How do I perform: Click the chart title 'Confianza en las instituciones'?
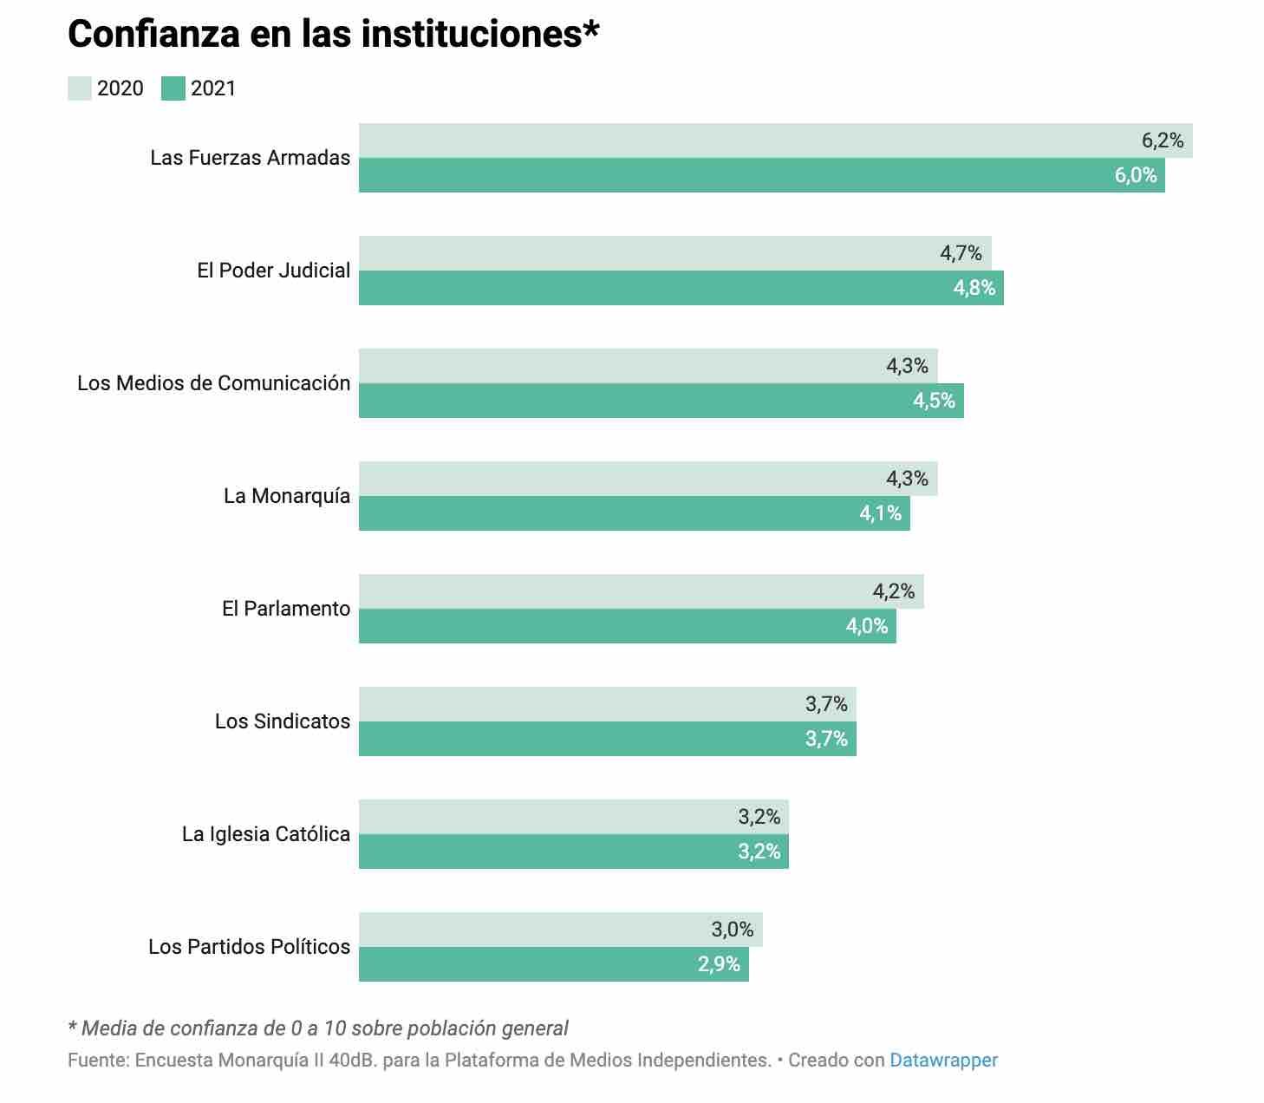333,35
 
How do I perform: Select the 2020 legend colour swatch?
80,88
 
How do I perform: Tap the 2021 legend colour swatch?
173,88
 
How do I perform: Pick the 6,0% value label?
1136,175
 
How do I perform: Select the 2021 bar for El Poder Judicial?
650,288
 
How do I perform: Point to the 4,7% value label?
961,253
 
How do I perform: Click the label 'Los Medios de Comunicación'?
213,383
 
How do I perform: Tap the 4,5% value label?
934,401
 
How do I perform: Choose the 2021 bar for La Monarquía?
607,513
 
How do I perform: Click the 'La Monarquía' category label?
287,496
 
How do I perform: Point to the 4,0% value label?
867,626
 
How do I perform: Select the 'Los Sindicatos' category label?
283,721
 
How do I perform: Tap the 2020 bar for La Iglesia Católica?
546,817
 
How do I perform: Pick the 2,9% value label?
719,964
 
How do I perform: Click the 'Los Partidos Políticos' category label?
250,947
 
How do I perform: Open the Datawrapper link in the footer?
943,1060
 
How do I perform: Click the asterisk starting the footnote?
72,1027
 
